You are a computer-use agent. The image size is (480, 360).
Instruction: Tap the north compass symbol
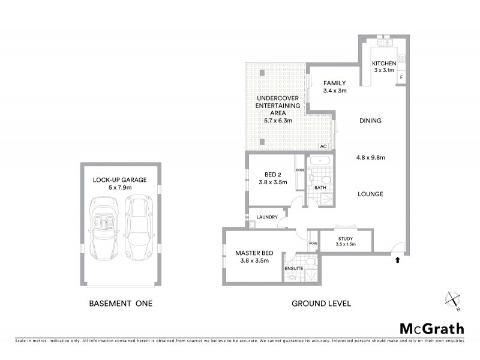pos(452,299)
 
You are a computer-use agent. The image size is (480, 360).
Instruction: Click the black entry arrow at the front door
pos(397,260)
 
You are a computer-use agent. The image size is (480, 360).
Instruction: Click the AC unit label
pos(323,146)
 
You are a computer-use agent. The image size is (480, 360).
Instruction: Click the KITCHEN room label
pos(384,64)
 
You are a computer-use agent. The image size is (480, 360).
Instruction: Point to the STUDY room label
pos(346,238)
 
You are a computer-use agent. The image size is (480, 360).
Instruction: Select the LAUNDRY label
pos(265,217)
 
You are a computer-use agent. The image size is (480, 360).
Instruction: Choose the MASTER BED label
pos(254,253)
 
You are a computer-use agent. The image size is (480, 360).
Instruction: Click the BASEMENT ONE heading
pos(121,304)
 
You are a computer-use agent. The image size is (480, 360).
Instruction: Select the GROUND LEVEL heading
pos(321,304)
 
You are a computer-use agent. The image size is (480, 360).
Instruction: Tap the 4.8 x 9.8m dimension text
pos(370,158)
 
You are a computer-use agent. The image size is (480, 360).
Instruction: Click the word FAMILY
pos(335,83)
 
